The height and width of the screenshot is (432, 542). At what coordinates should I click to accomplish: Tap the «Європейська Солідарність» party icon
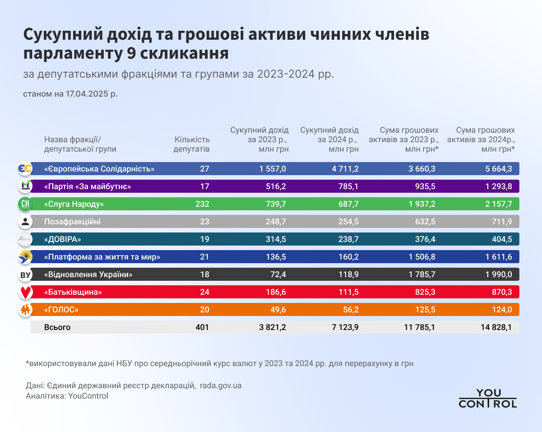point(25,169)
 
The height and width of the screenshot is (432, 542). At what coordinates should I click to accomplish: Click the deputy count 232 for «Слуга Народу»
point(202,204)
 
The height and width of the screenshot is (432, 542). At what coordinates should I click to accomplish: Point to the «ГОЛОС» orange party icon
point(25,310)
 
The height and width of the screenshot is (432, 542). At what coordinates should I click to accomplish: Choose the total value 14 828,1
point(496,327)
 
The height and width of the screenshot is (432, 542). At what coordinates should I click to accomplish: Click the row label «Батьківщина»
point(73,292)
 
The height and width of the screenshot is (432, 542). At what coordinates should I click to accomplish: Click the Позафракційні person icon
point(25,222)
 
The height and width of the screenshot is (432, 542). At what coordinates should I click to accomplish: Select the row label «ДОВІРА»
point(63,239)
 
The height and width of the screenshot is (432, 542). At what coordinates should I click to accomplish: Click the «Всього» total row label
point(57,327)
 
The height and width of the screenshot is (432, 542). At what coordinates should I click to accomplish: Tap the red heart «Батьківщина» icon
point(25,292)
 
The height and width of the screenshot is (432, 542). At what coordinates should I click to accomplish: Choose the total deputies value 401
point(202,327)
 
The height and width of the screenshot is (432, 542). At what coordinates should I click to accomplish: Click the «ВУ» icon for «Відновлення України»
point(25,274)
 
